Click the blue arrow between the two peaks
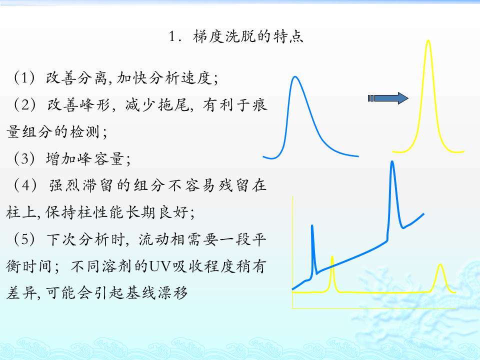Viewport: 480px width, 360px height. pos(388,98)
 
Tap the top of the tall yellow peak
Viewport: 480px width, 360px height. pos(428,40)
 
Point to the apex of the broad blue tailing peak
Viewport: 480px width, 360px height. pos(295,77)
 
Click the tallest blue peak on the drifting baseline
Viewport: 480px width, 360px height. pos(392,162)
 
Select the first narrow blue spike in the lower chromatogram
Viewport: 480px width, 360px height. pos(312,226)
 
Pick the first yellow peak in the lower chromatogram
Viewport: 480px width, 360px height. pos(332,257)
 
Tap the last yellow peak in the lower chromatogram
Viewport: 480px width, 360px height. pos(440,264)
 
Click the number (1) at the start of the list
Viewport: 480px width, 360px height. pos(24,77)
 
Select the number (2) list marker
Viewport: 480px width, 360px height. pos(24,104)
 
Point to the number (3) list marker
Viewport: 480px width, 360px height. pos(24,158)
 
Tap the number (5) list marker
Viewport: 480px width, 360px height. pos(24,239)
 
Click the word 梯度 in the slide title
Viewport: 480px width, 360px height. pos(208,36)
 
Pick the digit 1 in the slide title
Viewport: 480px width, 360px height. pos(172,36)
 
